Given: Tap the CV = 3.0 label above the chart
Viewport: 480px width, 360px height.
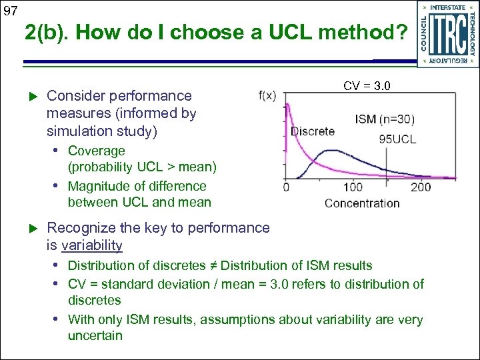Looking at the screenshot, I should [367, 85].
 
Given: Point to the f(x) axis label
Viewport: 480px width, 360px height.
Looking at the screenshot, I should [267, 95].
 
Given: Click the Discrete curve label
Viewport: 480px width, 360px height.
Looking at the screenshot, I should [313, 131].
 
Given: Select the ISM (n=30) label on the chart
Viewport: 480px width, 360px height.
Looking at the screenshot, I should [385, 120].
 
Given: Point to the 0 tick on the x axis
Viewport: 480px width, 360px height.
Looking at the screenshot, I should [286, 187].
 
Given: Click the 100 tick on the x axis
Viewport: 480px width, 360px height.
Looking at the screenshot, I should [353, 187].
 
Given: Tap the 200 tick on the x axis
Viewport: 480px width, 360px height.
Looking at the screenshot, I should [421, 187].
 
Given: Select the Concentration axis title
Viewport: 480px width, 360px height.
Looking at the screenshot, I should [362, 203].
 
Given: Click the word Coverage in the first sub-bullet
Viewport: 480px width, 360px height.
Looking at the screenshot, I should [97, 151].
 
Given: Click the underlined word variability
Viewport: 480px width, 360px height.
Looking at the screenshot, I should [91, 245].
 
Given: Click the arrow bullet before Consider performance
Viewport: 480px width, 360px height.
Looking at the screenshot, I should [29, 97].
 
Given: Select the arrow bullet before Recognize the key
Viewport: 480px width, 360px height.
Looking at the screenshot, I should [29, 229].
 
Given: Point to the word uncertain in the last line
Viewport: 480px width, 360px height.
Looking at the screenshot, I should [95, 335].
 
